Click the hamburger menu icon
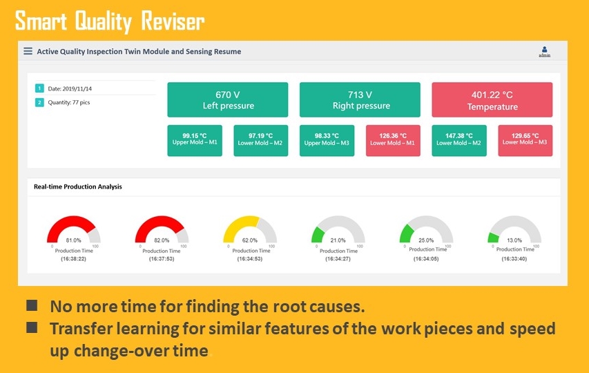28,51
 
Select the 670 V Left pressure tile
228,100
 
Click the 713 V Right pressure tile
360,100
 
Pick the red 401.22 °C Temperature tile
492,100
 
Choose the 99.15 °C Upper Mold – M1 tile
195,140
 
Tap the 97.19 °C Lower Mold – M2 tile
261,140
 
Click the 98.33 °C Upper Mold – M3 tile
327,140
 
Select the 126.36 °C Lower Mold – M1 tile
393,140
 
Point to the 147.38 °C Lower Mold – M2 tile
459,140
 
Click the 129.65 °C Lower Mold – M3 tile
525,140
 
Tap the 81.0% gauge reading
73,240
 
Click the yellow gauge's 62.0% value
250,240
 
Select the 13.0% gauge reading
514,240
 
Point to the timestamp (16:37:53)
162,259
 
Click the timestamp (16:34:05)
426,259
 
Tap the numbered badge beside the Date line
39,88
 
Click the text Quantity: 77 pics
69,102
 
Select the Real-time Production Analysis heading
78,186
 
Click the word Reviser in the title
173,21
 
